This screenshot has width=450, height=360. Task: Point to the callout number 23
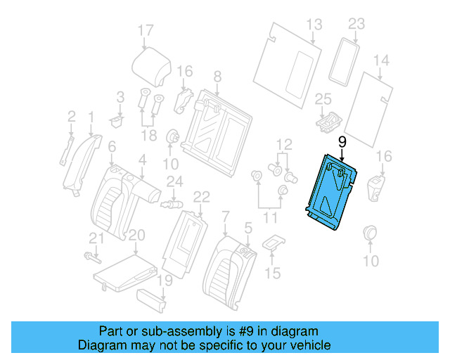(356, 24)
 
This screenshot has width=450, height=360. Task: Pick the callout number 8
(217, 76)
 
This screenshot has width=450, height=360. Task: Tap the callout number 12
(283, 146)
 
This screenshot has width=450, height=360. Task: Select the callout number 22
(201, 196)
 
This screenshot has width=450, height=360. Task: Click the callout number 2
(71, 115)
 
